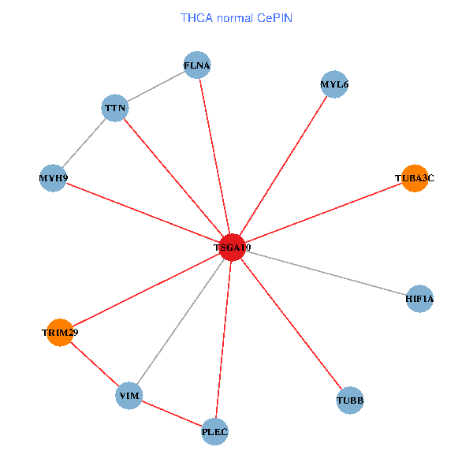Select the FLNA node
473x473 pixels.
pos(197,65)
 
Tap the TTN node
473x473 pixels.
pos(115,108)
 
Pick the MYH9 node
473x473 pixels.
pos(53,178)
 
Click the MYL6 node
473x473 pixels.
pos(334,84)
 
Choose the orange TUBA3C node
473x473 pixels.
pos(415,178)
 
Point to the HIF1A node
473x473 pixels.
pos(419,299)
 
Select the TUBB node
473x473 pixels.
pos(350,400)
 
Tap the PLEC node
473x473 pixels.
pos(214,431)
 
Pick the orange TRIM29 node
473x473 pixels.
pos(60,332)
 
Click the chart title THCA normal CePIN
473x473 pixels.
pos(236,17)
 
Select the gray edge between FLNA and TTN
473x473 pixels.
pos(156,87)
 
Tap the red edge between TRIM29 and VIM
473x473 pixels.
pos(94,363)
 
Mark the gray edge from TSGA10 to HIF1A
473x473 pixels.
pos(325,273)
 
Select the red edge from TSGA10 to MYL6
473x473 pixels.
pos(282,166)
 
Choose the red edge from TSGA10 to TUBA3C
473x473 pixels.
pos(322,213)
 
